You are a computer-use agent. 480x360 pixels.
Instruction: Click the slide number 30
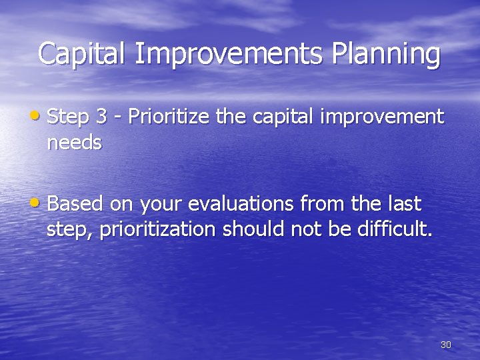coord(446,345)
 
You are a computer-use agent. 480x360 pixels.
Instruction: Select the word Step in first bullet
coord(69,117)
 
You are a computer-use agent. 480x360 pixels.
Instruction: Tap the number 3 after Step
coord(101,117)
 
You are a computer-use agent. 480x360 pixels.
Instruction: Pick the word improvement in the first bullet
coord(382,117)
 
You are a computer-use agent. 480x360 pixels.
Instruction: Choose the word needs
coord(74,143)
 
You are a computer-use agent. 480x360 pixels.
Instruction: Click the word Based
coord(74,203)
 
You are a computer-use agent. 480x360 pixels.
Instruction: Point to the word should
coord(254,229)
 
